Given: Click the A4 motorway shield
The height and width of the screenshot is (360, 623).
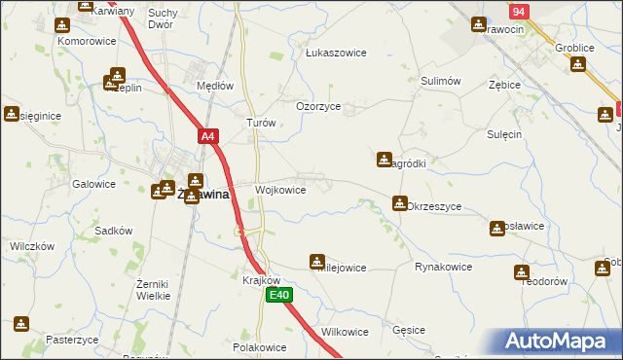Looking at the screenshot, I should coord(207,137).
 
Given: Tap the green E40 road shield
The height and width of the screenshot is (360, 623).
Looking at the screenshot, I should coord(279,295).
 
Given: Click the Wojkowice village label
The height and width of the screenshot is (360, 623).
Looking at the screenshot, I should coord(280,190).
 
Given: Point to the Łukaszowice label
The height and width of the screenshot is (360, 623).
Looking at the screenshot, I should coord(336,53).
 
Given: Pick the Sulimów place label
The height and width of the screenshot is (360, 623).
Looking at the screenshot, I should coord(440,83).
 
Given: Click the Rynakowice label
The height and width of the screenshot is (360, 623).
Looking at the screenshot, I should coord(443,267).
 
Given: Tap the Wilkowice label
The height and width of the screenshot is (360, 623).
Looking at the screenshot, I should coord(345,332).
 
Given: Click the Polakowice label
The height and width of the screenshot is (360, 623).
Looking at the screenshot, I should coord(259,346).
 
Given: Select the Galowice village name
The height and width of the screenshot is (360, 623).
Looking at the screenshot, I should coord(94,183).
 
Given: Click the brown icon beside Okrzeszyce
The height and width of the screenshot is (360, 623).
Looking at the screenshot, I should coord(399,203).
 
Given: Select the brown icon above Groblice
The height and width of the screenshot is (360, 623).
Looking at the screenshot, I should coord(577,64).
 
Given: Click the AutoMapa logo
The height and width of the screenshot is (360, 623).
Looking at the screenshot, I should coord(560,342).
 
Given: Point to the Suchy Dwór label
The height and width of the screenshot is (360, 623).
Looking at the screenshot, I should coord(162,18).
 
